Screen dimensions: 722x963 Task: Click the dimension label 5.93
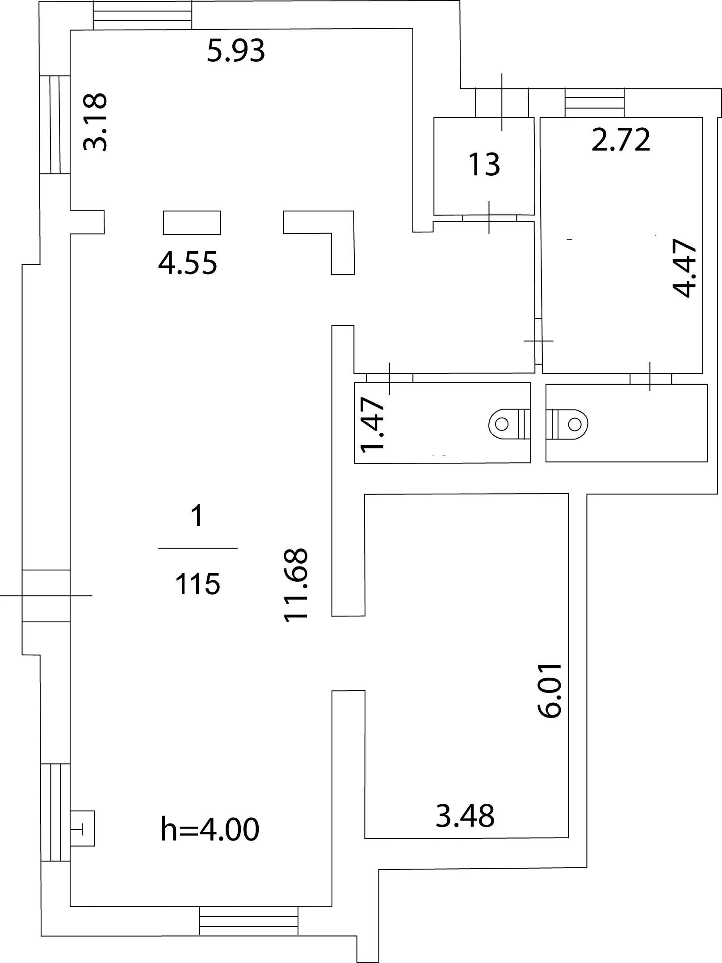[236, 51]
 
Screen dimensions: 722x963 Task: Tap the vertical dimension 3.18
[96, 122]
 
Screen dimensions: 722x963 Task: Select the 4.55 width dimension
[188, 263]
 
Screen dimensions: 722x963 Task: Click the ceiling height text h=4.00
[210, 829]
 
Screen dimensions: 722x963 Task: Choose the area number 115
[197, 584]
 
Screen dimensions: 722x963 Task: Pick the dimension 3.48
[465, 816]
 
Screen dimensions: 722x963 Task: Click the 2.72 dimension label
[621, 140]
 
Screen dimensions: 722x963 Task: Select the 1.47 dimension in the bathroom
[373, 425]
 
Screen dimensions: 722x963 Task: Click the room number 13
[484, 164]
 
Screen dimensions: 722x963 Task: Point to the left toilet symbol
[510, 424]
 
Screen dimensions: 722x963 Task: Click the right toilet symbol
[567, 423]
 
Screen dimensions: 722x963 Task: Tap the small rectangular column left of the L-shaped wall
[192, 223]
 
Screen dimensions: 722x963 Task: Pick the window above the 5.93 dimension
[143, 15]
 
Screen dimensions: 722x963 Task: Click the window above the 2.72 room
[594, 103]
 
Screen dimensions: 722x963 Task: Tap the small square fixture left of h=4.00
[83, 831]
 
